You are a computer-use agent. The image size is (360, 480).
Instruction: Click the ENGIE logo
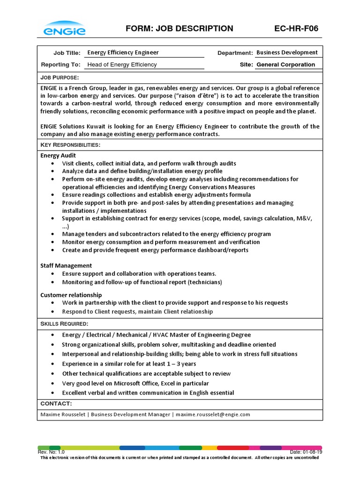pos(65,29)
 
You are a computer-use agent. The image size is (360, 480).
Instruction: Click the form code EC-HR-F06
pos(296,29)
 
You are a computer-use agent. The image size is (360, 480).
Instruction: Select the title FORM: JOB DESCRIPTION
pos(180,29)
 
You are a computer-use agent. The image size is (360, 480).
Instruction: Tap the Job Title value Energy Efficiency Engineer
pos(123,52)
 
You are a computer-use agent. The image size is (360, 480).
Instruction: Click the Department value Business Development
pos(287,52)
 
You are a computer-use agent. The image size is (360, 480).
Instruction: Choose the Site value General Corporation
pos(285,65)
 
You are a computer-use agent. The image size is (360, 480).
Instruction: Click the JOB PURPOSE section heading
pos(60,77)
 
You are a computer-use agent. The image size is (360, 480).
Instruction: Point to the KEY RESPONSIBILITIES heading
pos(70,145)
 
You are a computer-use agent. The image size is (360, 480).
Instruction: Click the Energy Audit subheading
pos(58,155)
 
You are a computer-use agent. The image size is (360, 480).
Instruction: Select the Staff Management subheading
pos(66,265)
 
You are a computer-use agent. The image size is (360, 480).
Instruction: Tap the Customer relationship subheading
pos(71,295)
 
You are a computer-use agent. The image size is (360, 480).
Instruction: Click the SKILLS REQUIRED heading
pos(64,324)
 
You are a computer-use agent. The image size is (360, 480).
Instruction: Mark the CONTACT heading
pos(56,404)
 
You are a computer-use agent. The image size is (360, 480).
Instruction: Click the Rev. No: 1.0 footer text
pos(51,452)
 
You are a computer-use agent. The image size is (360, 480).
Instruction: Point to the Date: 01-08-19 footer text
pos(306,452)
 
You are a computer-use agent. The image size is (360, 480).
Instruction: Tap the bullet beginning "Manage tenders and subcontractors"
pos(166,234)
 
